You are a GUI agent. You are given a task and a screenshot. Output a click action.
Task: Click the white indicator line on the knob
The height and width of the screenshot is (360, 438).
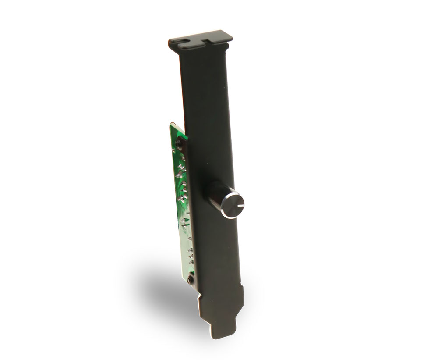(239, 205)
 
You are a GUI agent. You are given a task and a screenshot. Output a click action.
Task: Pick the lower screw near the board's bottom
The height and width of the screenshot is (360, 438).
(190, 279)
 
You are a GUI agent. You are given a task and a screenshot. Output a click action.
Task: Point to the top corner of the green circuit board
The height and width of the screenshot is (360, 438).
(172, 124)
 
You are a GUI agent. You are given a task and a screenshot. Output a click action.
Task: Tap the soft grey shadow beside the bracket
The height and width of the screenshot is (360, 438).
(162, 285)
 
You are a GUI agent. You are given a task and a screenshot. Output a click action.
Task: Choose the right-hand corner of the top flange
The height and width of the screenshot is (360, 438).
(231, 37)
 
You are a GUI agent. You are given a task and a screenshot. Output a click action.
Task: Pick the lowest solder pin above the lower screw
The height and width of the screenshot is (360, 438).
(191, 263)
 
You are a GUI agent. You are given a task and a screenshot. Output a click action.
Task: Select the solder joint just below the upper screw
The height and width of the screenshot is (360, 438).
(180, 151)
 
